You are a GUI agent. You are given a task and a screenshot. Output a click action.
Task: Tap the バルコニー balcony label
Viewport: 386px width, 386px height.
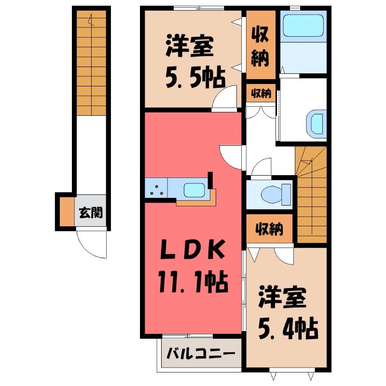[200, 354]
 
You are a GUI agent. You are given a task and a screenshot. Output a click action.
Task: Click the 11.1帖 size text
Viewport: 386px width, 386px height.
[193, 282]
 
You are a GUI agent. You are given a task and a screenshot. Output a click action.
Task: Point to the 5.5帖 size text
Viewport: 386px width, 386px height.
[195, 78]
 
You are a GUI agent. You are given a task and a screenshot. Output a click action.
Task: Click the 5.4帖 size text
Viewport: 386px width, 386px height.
[288, 329]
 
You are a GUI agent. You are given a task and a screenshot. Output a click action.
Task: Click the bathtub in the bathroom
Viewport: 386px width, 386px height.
[303, 25]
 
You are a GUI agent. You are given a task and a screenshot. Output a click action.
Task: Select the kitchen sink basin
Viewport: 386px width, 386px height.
[194, 190]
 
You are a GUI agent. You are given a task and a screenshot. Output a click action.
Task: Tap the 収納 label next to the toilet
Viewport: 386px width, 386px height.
[269, 229]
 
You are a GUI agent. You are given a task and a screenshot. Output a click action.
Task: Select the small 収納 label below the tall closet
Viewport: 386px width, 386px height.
[261, 93]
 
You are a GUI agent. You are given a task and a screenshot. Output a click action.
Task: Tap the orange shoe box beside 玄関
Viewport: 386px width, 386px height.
[67, 211]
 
